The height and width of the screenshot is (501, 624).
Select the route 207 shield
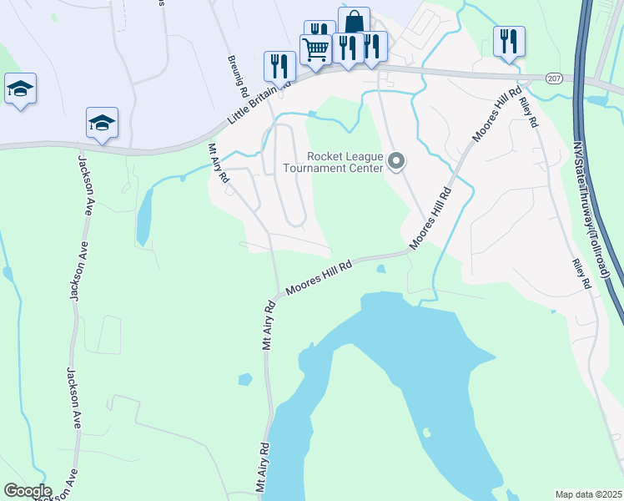click(555, 78)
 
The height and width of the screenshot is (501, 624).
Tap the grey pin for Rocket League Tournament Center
click(397, 161)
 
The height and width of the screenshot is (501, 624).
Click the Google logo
click(27, 491)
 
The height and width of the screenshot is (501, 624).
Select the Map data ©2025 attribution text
click(588, 494)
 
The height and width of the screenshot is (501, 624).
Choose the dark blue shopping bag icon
click(354, 22)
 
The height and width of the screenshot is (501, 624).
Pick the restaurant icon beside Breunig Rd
click(279, 65)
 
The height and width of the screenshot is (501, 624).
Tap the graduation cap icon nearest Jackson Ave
click(102, 123)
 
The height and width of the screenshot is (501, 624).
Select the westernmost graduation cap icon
click(20, 89)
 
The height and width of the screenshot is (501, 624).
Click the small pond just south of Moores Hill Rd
click(380, 269)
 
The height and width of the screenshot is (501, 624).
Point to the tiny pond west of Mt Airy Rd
click(244, 379)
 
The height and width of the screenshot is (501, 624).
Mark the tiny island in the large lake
click(426, 433)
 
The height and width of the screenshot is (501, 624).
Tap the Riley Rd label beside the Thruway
click(581, 274)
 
